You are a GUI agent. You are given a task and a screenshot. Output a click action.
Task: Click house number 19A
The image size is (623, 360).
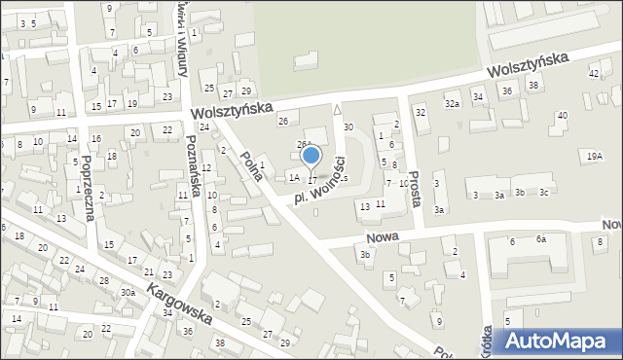point(594,156)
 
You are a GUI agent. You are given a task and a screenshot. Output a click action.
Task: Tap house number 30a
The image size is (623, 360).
point(127,293)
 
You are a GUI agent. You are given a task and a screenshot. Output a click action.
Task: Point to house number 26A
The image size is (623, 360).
point(304,144)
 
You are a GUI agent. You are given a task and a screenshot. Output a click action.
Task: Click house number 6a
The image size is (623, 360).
point(541,238)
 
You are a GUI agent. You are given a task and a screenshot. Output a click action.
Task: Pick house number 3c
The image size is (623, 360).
point(545,192)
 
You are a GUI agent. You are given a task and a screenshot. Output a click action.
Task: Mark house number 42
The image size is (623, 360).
point(594,73)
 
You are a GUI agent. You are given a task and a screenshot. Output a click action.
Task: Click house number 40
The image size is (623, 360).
point(562,116)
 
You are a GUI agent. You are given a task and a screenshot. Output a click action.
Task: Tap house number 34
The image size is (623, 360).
point(477,97)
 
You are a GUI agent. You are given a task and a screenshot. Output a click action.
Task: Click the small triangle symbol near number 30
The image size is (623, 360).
point(337,109)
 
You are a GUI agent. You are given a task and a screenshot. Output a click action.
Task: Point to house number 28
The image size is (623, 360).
point(104,280)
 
